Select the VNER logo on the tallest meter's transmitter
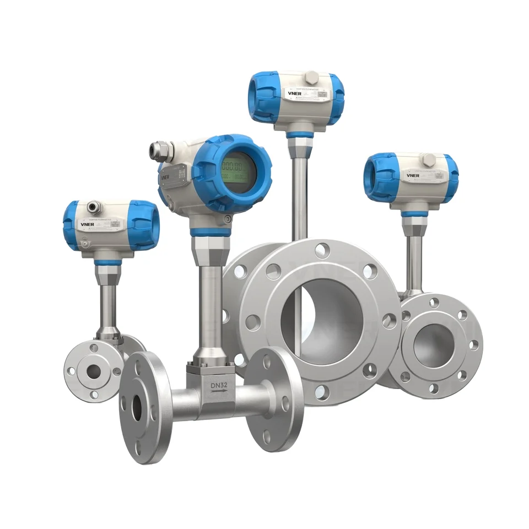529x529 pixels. tap(293, 94)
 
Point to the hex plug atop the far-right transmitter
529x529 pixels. tap(428, 160)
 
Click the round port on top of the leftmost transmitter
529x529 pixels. tap(93, 207)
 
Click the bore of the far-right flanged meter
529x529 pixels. tap(432, 345)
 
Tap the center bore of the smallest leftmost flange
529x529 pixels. tap(94, 371)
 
